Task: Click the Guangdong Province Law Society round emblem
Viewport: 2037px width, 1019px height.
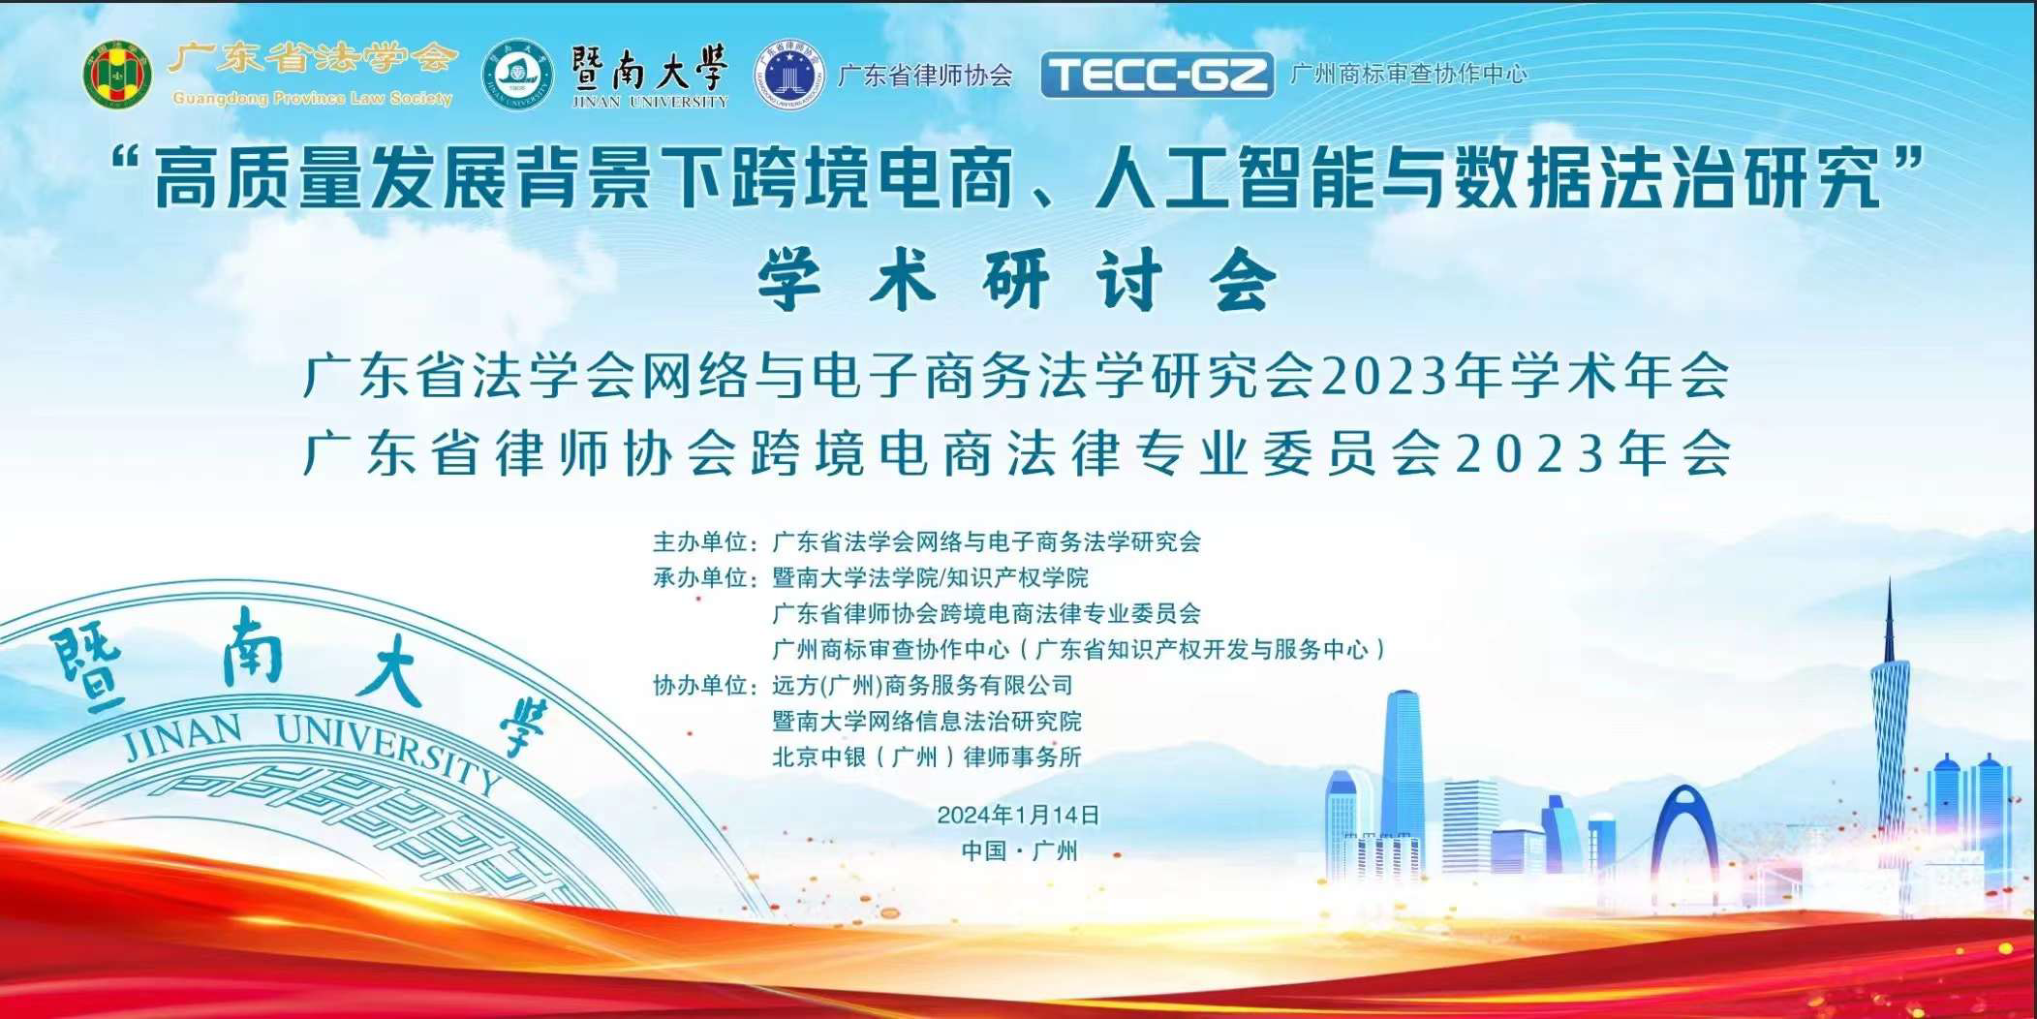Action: click(117, 75)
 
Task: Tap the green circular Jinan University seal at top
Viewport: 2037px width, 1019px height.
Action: click(517, 75)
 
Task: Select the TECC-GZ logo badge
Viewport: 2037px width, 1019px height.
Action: click(1157, 75)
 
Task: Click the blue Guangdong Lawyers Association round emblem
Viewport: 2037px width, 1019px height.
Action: click(790, 75)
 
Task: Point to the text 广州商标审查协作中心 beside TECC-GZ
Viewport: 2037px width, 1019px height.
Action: click(1409, 74)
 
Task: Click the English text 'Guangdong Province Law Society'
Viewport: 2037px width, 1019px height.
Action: click(312, 98)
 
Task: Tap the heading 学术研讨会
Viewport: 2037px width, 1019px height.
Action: click(1017, 280)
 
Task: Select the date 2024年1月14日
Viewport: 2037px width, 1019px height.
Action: click(1018, 815)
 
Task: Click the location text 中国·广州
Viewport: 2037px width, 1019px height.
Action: click(1019, 850)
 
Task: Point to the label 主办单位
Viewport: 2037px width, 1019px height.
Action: click(700, 541)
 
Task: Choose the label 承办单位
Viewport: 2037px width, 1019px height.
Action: click(700, 577)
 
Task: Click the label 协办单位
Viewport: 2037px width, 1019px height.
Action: click(700, 685)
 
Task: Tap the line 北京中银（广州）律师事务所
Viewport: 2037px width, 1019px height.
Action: click(927, 757)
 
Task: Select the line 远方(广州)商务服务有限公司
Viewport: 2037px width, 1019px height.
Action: click(923, 685)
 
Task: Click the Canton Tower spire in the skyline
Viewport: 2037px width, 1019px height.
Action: click(1889, 620)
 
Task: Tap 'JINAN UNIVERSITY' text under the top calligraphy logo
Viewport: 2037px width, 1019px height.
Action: click(650, 101)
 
